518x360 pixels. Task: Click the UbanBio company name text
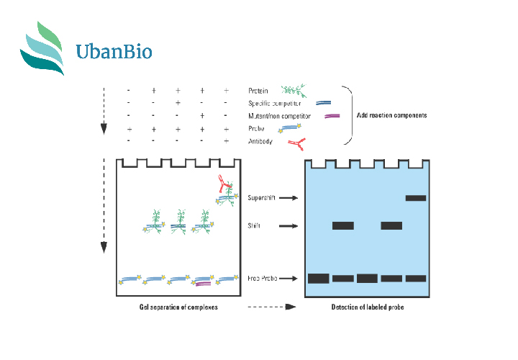point(114,51)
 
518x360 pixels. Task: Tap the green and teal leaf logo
point(42,48)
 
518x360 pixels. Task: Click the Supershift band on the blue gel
point(416,198)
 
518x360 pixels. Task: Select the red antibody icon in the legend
point(296,144)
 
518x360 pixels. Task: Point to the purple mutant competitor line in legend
point(332,116)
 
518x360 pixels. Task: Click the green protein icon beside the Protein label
point(294,90)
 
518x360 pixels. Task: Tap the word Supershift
point(261,198)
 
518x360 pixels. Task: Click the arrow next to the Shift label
point(288,226)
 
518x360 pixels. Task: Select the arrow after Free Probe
point(288,279)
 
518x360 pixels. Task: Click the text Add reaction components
point(392,115)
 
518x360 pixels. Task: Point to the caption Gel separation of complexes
point(178,307)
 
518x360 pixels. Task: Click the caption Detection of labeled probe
point(368,307)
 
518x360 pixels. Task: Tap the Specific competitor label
point(275,104)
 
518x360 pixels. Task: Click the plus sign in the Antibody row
point(227,141)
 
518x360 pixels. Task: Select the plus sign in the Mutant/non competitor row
point(202,116)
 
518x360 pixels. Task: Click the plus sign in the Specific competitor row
point(178,103)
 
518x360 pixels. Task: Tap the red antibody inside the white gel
point(224,184)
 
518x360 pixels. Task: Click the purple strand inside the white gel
point(203,284)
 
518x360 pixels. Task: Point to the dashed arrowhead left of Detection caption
point(291,307)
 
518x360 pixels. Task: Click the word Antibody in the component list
point(260,142)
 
